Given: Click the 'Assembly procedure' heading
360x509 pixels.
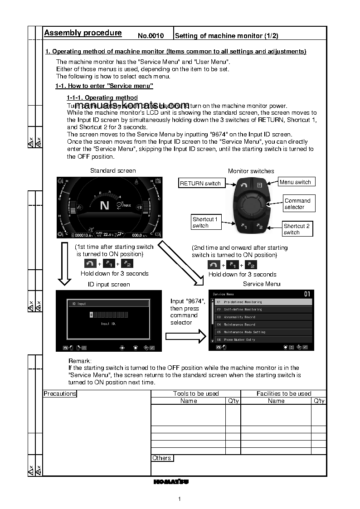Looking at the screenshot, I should point(83,33).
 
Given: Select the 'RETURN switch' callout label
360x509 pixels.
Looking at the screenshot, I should point(200,184).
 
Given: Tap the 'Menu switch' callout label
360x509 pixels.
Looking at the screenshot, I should point(295,182).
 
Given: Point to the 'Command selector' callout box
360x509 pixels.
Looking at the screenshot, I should point(297,204).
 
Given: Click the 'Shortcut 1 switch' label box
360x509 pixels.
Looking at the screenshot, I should point(205,222).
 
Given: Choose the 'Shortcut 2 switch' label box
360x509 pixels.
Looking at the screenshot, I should point(297,229).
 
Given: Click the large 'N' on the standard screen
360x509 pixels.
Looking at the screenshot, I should point(105,205).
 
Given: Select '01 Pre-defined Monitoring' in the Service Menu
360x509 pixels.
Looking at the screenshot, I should point(263,302).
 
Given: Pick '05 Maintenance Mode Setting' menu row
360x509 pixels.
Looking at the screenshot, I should point(263,332).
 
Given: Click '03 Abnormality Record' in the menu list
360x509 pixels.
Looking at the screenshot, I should point(263,317).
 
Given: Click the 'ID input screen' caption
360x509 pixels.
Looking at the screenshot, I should point(109,284).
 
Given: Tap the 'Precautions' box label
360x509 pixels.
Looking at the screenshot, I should point(60,393).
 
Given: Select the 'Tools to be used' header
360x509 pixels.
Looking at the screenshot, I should point(196,393).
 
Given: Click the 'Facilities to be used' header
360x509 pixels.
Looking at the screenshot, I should point(284,393).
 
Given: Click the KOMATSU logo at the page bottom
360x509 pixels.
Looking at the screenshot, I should point(171,481).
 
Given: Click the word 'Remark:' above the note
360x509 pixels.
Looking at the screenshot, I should point(80,361).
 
